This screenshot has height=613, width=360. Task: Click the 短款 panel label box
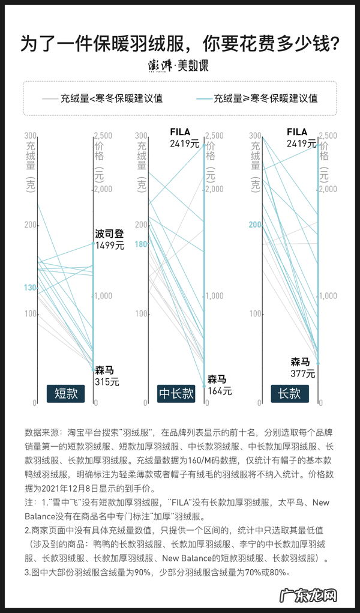pos(66,393)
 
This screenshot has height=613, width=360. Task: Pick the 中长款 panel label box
pos(176,393)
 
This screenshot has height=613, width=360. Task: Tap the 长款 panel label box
pos(289,393)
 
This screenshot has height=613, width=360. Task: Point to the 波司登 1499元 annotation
pos(110,239)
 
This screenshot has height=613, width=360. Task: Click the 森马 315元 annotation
pos(107,376)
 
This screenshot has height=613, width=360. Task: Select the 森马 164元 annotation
pos(220,385)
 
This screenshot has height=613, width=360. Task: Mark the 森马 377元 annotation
pos(302,367)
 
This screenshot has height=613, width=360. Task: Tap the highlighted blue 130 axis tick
pos(30,288)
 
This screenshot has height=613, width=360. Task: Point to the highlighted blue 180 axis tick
pos(141,244)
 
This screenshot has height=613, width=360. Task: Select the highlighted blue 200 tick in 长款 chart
pos(255,225)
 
